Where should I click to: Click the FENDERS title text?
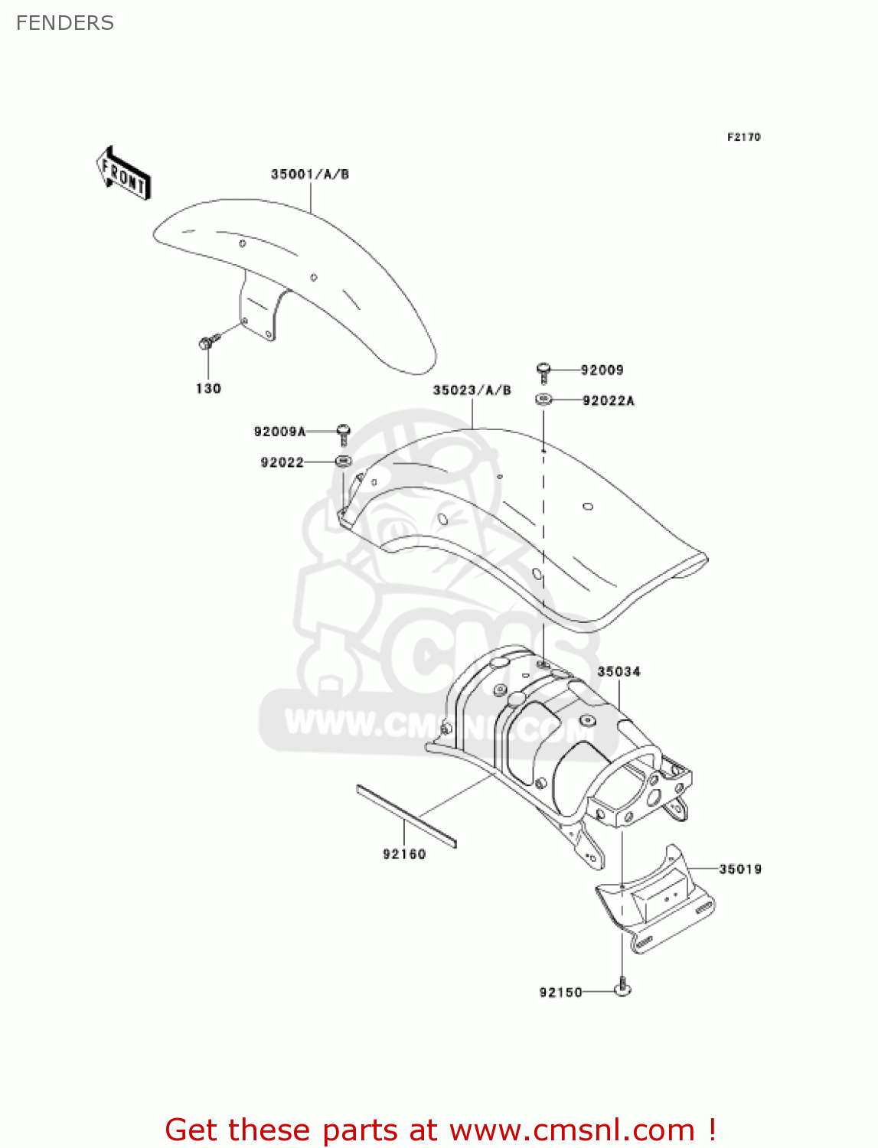click(65, 23)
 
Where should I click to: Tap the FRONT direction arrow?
click(123, 174)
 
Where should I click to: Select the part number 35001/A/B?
click(310, 174)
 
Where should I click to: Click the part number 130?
click(208, 389)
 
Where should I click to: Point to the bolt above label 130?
click(207, 342)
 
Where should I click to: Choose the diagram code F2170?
click(743, 137)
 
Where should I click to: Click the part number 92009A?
click(279, 432)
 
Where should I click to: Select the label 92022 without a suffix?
click(282, 462)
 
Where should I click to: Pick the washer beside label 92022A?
click(544, 399)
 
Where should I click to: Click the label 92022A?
click(609, 401)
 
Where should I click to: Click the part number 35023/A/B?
click(472, 390)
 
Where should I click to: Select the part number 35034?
click(619, 672)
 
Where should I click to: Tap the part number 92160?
click(404, 854)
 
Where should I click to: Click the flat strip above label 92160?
click(406, 816)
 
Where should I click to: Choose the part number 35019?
click(740, 869)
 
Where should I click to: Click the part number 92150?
click(561, 993)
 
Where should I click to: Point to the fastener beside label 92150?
click(623, 988)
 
